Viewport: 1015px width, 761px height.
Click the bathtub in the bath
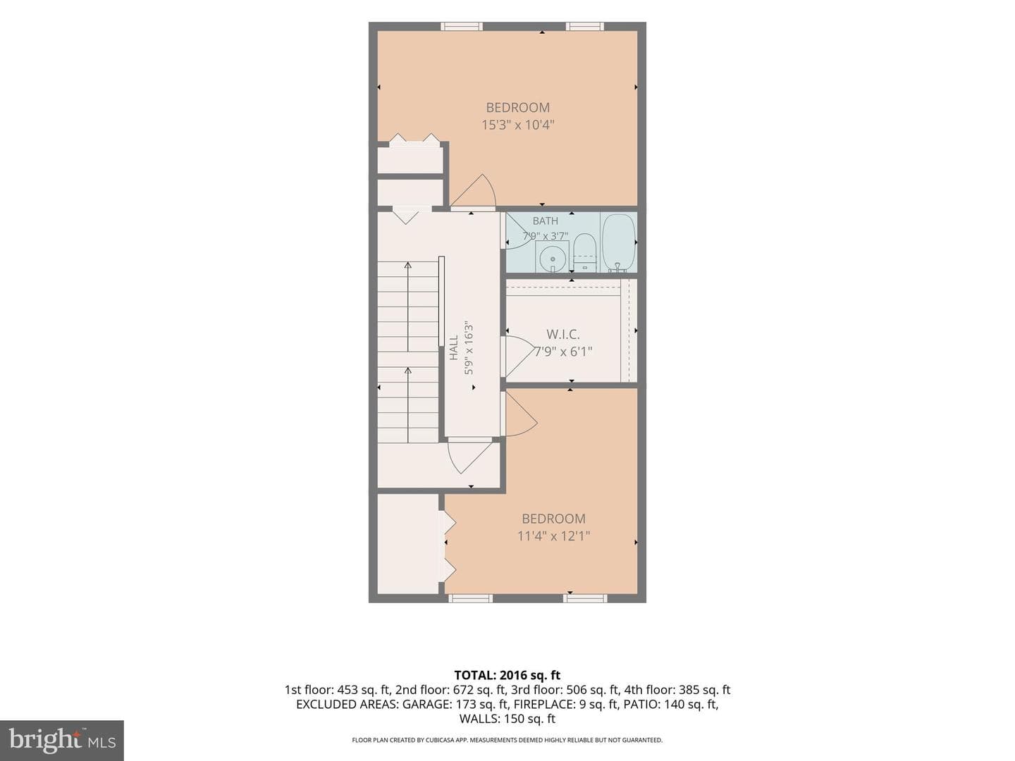point(617,242)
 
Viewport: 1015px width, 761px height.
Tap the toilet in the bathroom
point(584,252)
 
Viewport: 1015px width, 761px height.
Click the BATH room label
point(545,221)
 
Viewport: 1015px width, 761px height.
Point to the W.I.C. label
point(562,333)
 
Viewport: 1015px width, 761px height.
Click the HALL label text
point(454,347)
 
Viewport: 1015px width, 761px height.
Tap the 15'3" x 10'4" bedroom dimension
point(518,125)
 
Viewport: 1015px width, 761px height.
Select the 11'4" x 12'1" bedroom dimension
point(553,536)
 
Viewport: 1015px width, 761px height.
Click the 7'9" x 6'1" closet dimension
point(563,352)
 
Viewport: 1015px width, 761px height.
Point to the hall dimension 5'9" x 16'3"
point(469,347)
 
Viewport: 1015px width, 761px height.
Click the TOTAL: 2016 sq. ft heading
point(508,676)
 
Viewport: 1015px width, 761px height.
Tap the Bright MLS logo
point(61,740)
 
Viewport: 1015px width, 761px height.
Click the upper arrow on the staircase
point(408,307)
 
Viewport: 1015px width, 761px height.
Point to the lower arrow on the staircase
point(408,405)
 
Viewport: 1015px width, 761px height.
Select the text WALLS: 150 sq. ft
point(508,719)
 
